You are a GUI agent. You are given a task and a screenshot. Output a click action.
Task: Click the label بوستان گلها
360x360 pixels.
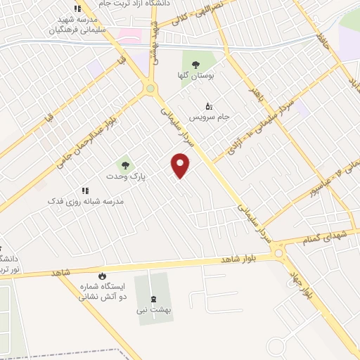196,75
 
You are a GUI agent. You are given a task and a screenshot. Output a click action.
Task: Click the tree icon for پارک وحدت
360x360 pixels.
125,165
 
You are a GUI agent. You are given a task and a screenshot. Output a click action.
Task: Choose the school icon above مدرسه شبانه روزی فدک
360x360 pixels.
85,191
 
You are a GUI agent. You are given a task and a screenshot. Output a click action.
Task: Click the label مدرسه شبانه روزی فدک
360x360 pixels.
85,201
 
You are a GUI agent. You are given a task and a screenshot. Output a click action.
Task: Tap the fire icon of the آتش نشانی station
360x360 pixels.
102,276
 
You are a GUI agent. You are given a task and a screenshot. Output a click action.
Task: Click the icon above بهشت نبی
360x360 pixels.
153,298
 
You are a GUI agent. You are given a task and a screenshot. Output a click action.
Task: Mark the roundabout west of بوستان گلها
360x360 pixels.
150,89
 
